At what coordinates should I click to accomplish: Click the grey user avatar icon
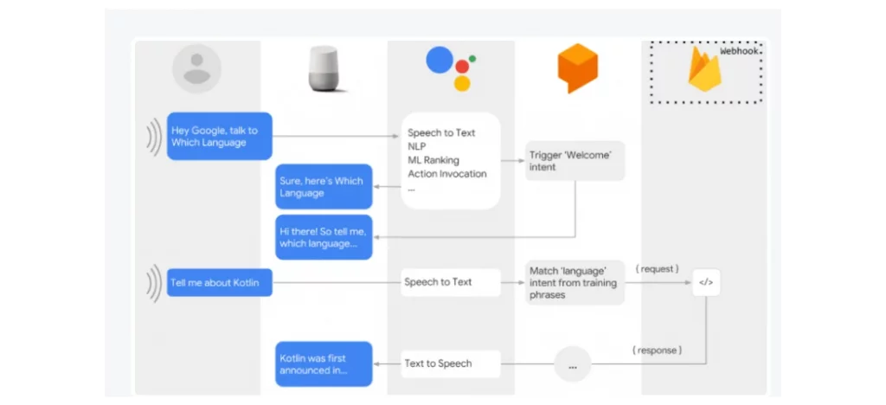(x=196, y=68)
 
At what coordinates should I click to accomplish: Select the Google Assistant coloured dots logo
(x=450, y=68)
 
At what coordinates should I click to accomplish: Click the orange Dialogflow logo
(x=577, y=67)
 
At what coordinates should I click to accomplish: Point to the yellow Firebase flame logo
(x=703, y=71)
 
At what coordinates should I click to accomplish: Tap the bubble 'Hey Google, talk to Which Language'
(x=220, y=137)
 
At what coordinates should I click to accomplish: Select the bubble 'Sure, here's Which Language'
(x=324, y=187)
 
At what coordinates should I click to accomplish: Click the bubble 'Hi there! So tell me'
(x=324, y=237)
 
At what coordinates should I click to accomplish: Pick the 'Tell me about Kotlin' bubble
(x=220, y=282)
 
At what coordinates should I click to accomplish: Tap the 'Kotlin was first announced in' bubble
(x=324, y=363)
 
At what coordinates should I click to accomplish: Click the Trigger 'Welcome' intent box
(x=575, y=161)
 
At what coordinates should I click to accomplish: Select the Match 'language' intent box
(x=575, y=282)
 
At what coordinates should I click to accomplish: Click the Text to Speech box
(x=450, y=363)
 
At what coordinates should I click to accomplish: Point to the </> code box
(x=706, y=282)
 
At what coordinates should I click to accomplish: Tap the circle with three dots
(x=572, y=364)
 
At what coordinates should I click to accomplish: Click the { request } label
(x=657, y=269)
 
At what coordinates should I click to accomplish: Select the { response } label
(x=657, y=350)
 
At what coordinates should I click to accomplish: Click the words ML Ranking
(x=433, y=160)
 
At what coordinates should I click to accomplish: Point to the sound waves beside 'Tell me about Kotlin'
(x=153, y=283)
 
